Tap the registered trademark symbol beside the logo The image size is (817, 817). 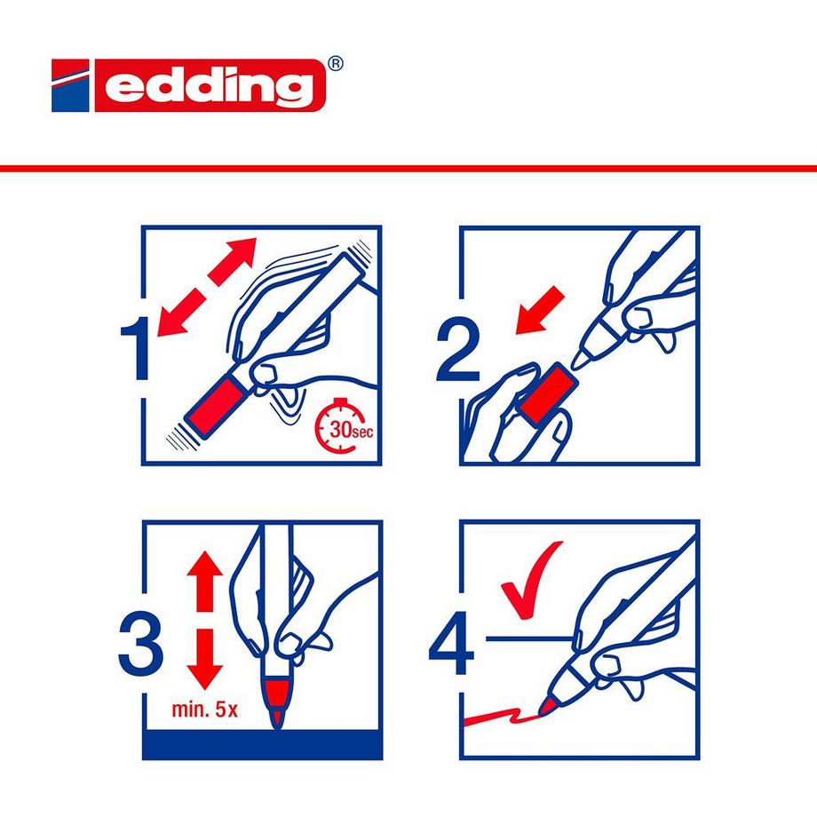tap(335, 64)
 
